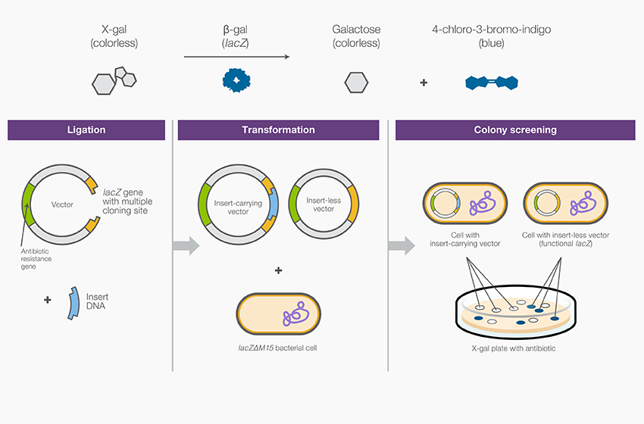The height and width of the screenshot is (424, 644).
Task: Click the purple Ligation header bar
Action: [86, 129]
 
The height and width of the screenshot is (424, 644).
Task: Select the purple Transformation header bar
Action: [278, 129]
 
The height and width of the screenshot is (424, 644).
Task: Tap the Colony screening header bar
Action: [515, 129]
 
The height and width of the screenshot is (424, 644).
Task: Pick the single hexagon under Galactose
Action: [356, 82]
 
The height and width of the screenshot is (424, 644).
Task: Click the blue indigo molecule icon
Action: [491, 81]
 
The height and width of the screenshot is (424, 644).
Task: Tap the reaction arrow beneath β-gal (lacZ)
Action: [236, 57]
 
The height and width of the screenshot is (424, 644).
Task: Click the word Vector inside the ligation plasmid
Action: [62, 204]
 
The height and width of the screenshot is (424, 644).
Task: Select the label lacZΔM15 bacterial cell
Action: [278, 348]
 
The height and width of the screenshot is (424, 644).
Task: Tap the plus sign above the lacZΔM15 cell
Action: [278, 270]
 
